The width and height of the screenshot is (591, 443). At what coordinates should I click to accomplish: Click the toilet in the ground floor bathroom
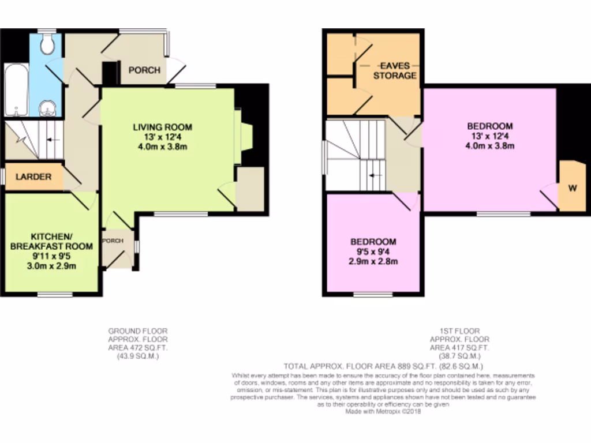pos(48,44)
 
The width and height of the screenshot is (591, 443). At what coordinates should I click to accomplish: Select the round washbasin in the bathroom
pos(48,108)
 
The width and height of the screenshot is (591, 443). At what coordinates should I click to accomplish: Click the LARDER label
pos(33,177)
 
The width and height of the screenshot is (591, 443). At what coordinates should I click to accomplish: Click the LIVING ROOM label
pos(162,127)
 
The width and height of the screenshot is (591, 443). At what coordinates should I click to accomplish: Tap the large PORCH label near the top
pos(144,70)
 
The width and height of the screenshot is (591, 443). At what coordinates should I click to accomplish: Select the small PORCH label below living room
pos(113,241)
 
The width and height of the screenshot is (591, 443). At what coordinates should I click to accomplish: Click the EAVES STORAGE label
pos(395,71)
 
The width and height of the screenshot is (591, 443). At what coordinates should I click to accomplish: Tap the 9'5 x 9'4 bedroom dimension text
pos(374,251)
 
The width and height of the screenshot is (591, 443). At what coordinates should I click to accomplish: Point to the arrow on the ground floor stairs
pos(50,139)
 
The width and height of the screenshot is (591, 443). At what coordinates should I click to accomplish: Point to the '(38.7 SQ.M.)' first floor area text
pos(460,356)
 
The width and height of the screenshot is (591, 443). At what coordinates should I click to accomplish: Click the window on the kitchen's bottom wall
pos(55,295)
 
